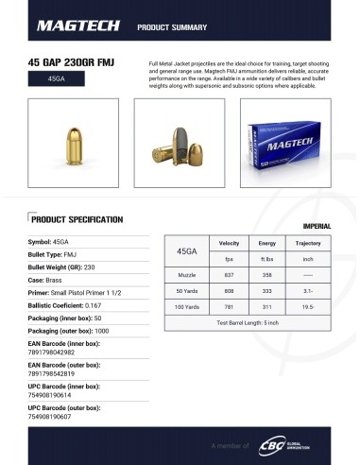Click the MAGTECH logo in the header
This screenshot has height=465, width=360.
pos(70,26)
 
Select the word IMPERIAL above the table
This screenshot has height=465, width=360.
pos(316,228)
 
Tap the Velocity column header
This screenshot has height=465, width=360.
pos(229,244)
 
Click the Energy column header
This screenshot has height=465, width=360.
pos(266,244)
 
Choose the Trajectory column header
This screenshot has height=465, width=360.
pos(308,244)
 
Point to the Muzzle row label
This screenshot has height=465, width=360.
pos(186,274)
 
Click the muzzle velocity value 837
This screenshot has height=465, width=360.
pos(229,274)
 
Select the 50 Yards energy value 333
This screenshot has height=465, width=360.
pos(266,291)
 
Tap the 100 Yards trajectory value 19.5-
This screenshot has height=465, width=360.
pos(308,308)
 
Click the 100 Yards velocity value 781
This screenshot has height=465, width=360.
pos(229,308)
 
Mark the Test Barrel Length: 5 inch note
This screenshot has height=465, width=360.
pos(249,323)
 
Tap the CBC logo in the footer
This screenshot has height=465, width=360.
pos(277,445)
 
